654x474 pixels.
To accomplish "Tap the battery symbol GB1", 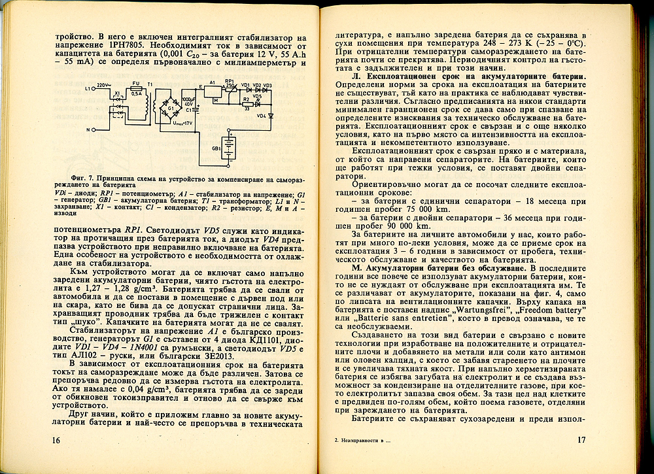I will tap(229, 148).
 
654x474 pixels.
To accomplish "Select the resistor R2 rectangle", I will tap(247, 102).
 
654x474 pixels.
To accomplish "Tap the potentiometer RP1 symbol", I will tap(230, 88).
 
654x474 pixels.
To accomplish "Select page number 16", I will tap(56, 441).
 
